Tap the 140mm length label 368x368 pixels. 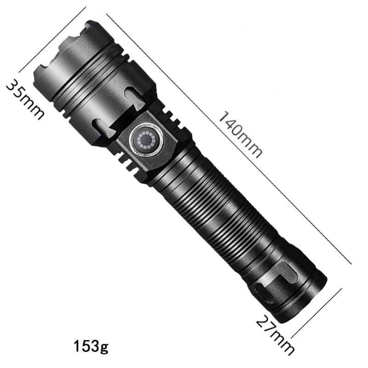[240, 134]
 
